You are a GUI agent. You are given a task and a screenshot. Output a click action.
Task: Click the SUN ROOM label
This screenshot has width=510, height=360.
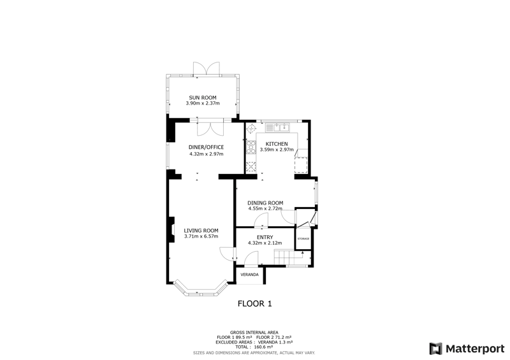click(x=203, y=97)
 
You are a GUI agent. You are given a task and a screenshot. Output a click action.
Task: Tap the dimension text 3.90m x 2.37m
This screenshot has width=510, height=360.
click(x=203, y=103)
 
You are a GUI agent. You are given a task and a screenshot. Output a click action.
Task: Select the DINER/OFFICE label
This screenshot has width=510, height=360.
click(x=206, y=147)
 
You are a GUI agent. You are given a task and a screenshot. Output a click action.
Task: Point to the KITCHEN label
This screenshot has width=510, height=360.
click(x=277, y=144)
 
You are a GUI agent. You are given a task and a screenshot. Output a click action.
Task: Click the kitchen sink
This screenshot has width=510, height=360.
click(x=277, y=127)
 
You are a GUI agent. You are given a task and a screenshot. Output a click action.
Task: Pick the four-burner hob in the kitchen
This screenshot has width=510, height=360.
click(x=251, y=147)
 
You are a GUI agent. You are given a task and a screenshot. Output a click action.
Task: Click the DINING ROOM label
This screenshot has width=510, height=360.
click(x=265, y=203)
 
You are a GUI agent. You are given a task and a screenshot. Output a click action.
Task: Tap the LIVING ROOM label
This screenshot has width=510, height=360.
click(x=201, y=231)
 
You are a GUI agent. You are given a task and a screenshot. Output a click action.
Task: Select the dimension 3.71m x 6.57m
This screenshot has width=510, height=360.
click(x=201, y=236)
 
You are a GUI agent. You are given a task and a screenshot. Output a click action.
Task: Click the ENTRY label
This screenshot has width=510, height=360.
click(x=265, y=237)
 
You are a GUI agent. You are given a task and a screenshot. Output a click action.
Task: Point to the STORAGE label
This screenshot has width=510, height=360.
click(x=303, y=239)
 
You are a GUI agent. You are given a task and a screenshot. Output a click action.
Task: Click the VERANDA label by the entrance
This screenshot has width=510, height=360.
click(x=249, y=275)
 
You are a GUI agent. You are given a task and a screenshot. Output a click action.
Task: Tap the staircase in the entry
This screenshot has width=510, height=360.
click(x=288, y=257)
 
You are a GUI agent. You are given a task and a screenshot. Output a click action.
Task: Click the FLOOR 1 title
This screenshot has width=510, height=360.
click(x=254, y=304)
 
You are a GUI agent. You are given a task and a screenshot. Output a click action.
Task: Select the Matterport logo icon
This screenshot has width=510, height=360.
click(x=435, y=349)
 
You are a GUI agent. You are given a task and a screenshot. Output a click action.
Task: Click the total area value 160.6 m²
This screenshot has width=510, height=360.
click(x=263, y=347)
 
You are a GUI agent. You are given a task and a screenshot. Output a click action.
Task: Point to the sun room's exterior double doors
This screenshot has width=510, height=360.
click(x=206, y=69)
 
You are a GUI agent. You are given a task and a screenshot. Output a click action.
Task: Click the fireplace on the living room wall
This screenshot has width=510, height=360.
click(x=171, y=229)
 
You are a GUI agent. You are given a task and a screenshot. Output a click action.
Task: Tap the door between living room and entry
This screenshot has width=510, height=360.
click(x=228, y=254)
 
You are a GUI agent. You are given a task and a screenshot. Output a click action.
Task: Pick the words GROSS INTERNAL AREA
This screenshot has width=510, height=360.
click(x=254, y=333)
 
